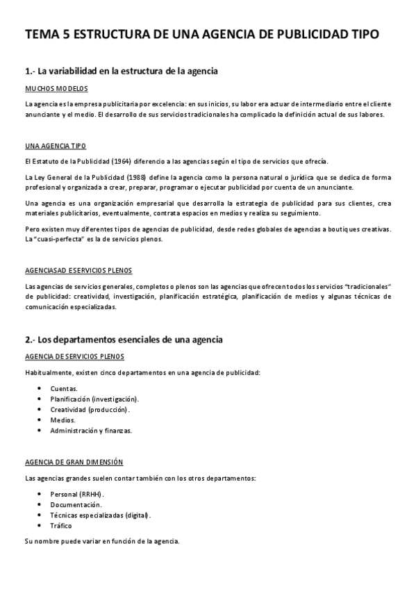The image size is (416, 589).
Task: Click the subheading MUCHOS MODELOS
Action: point(56,90)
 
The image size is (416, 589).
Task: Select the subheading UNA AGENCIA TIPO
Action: point(56,147)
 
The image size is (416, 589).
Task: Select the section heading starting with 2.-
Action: point(124,340)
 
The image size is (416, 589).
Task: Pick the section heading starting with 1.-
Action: point(122,71)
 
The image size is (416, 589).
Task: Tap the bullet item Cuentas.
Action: point(64,388)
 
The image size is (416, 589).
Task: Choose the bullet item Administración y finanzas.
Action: point(91,430)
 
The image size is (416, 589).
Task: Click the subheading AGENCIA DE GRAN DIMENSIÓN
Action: point(74,461)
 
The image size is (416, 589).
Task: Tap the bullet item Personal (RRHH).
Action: point(77,494)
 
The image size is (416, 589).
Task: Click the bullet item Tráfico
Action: point(61,525)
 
